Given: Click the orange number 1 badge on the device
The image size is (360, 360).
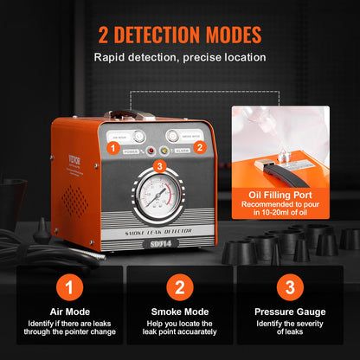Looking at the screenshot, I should (x=112, y=148).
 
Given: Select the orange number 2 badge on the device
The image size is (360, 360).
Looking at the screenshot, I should (x=198, y=148).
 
